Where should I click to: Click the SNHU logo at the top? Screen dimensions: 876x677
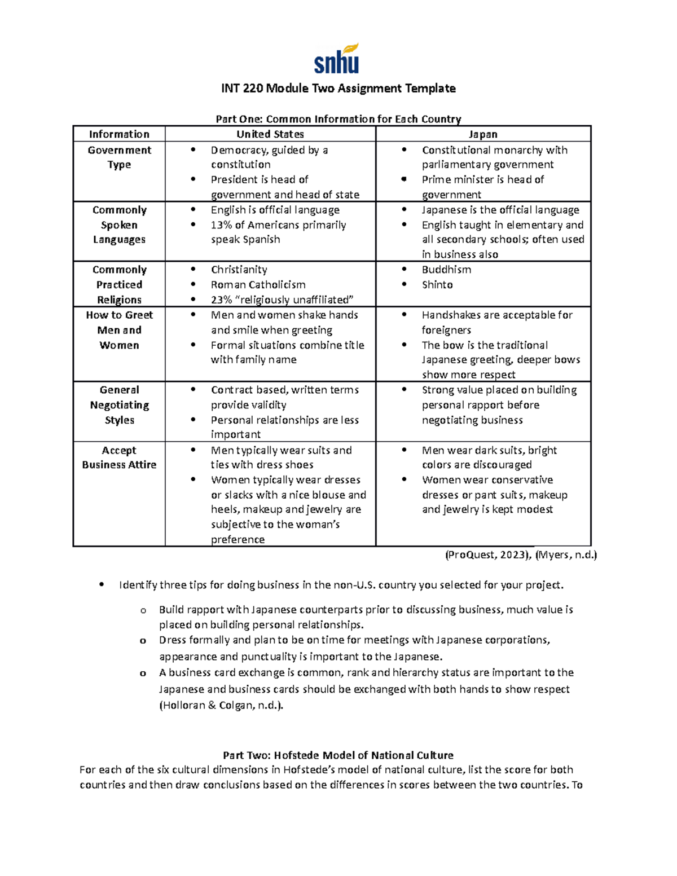[337, 59]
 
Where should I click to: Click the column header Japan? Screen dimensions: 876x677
[483, 134]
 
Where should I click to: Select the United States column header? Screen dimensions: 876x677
[270, 134]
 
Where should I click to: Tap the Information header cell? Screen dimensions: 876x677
[119, 134]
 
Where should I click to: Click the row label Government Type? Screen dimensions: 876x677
[119, 157]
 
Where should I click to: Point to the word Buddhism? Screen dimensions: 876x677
[446, 270]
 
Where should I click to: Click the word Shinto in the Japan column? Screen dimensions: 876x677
[437, 285]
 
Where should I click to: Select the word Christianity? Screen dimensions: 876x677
[239, 270]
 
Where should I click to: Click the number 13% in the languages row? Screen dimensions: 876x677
[221, 225]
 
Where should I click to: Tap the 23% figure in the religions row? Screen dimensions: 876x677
[221, 300]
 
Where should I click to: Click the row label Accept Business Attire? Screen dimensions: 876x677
[119, 457]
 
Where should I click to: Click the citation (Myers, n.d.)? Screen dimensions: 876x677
[566, 554]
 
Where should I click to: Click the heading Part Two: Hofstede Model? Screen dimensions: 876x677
[338, 755]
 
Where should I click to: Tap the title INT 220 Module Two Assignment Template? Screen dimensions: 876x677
[338, 88]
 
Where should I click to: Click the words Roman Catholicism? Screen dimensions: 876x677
[258, 285]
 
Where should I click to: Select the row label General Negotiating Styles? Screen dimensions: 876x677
[119, 405]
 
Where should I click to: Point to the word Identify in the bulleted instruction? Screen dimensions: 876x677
[138, 585]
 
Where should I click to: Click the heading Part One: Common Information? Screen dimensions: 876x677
[338, 119]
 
